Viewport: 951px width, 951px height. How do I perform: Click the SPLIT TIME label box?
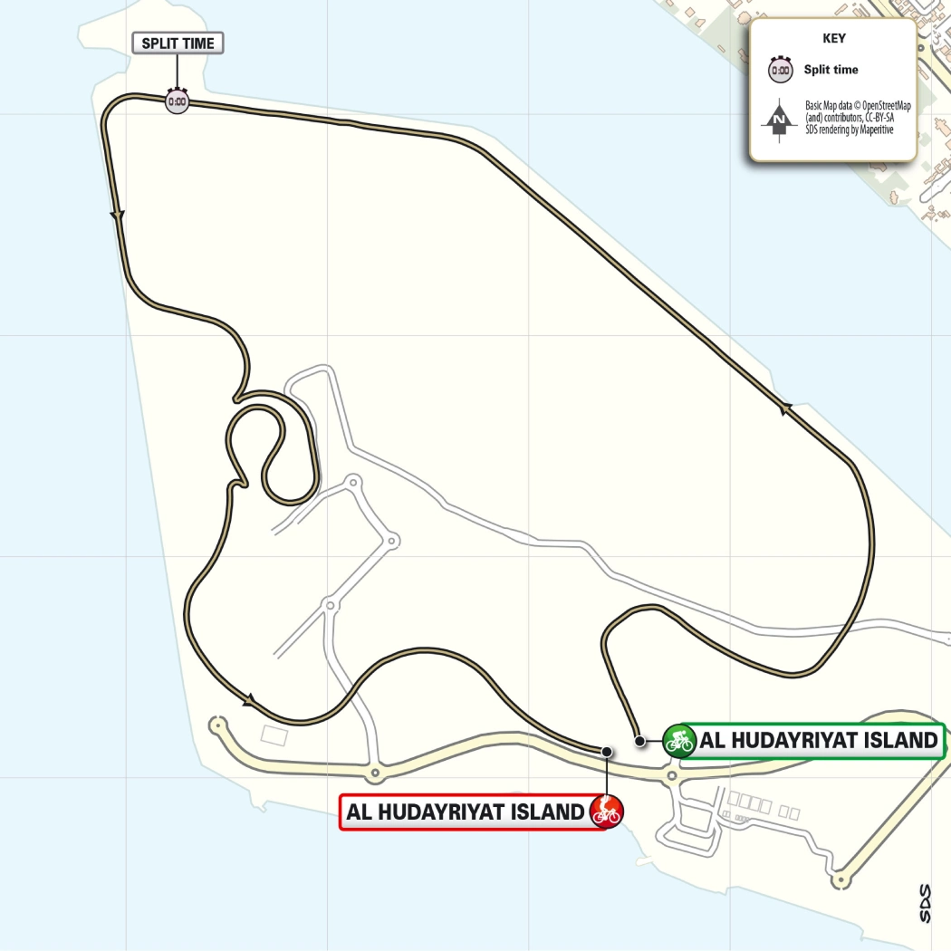click(x=178, y=43)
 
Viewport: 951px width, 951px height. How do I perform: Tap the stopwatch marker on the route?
click(x=177, y=101)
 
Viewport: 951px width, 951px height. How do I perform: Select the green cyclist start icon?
click(x=678, y=741)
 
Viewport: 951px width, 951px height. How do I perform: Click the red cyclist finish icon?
click(x=606, y=811)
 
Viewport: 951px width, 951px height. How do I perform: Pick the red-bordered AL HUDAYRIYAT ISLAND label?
click(x=466, y=812)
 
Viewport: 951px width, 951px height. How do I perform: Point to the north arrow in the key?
click(x=779, y=118)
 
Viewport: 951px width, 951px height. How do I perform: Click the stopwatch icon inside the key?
click(x=779, y=70)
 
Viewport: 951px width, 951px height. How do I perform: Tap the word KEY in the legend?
click(x=833, y=39)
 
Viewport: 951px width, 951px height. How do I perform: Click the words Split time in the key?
click(x=831, y=70)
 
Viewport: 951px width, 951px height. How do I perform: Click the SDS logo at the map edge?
click(x=925, y=903)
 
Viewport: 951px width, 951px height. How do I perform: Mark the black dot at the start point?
click(x=639, y=741)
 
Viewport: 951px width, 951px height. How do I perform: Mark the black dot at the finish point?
click(x=606, y=751)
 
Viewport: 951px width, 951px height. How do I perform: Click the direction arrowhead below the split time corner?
click(x=116, y=215)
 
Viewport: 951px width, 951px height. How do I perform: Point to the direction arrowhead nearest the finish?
click(x=249, y=698)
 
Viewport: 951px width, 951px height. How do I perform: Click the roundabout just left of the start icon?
click(x=671, y=776)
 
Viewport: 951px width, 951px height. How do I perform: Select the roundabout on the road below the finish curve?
click(x=374, y=773)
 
